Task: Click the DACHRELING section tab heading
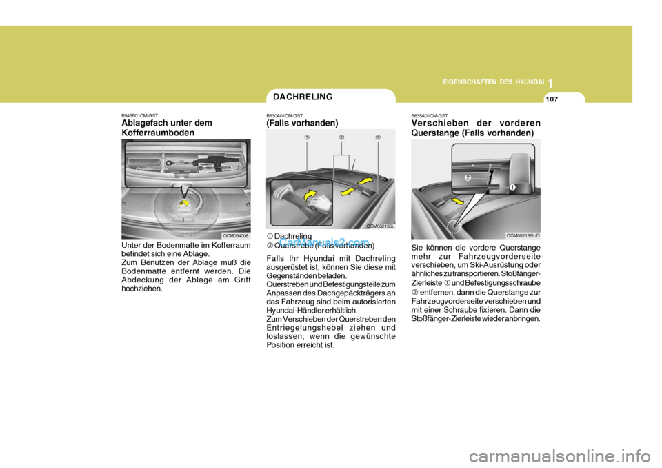303,97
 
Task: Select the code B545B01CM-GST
140,116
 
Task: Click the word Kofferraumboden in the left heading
156,132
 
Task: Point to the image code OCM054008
235,235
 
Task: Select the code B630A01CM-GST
285,116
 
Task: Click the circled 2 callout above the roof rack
341,137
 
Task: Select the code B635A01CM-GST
430,116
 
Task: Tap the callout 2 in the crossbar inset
467,178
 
